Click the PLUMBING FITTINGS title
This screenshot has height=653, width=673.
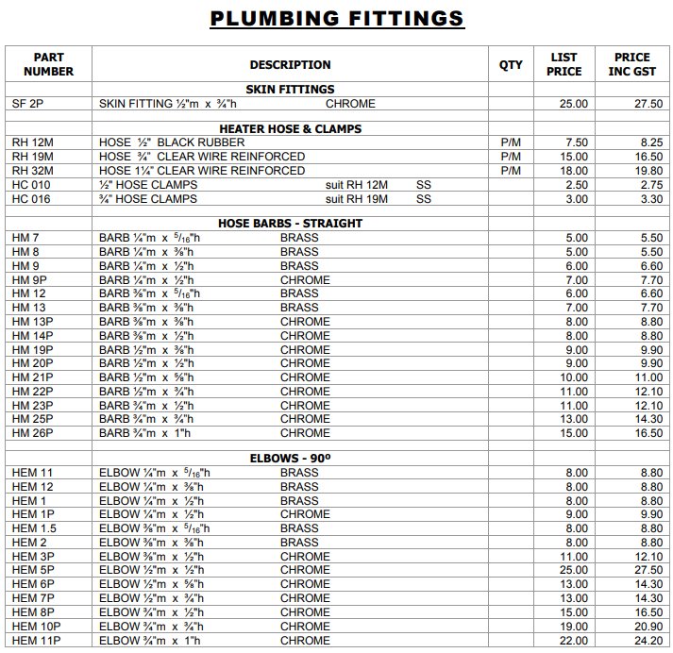tap(337, 18)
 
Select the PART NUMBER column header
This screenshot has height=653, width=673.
tap(48, 64)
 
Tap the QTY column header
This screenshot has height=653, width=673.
tap(511, 65)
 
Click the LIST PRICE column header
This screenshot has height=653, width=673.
tap(564, 64)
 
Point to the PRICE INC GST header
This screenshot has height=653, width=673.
tap(631, 64)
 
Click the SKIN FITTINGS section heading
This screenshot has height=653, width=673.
tap(290, 90)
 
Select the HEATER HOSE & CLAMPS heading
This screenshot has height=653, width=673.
tap(290, 128)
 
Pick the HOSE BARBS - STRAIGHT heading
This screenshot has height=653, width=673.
tap(290, 224)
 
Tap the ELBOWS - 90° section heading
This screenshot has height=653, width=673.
tap(290, 458)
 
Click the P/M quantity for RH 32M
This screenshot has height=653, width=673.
tap(511, 171)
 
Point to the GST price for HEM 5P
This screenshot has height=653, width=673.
tap(647, 570)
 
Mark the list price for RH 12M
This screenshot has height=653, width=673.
tap(577, 142)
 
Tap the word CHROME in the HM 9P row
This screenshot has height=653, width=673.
tap(305, 280)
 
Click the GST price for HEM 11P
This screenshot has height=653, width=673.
tap(647, 640)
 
